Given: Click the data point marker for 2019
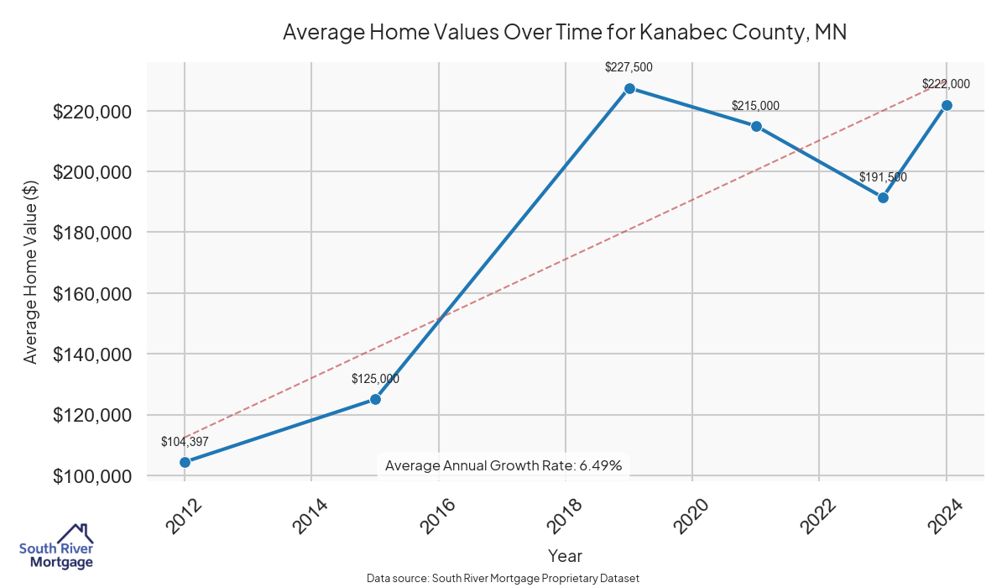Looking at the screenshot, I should click(629, 88).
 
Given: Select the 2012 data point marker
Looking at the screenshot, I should click(185, 462).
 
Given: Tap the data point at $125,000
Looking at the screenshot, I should click(375, 399).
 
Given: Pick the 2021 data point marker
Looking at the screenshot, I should click(756, 126).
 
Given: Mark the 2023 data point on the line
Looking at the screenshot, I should click(883, 197).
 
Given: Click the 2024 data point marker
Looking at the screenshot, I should click(947, 105).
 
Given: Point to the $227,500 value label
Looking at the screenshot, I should click(629, 67).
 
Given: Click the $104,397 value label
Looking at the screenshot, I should click(185, 441).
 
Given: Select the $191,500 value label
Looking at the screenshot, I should click(883, 177).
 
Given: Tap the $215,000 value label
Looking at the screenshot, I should click(755, 106).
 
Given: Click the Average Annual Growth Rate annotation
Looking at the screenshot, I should click(503, 465).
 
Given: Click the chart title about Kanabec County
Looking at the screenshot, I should click(565, 33).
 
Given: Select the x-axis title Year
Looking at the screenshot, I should click(565, 555).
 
